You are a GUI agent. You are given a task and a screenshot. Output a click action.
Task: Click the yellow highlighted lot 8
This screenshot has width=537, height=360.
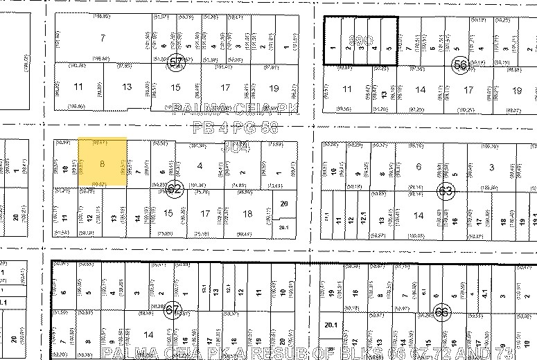click(102, 163)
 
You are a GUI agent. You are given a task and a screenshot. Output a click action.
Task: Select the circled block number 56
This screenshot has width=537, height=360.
click(459, 64)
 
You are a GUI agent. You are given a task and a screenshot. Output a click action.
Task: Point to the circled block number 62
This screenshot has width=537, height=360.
click(175, 188)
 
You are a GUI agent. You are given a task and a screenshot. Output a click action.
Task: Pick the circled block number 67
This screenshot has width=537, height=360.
click(170, 312)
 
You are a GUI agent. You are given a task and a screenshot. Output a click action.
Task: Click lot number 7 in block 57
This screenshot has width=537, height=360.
click(103, 37)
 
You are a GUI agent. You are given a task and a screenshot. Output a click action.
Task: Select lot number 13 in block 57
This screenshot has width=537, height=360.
click(127, 87)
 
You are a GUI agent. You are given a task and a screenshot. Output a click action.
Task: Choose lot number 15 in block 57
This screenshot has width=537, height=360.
click(176, 87)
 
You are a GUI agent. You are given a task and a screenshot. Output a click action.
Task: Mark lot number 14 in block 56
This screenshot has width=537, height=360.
click(420, 90)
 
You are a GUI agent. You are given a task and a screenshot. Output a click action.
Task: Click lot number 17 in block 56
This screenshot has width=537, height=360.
click(469, 90)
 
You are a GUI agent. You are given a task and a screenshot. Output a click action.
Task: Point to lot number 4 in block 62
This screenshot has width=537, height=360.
click(200, 165)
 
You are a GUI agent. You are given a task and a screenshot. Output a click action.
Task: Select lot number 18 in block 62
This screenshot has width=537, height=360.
click(248, 214)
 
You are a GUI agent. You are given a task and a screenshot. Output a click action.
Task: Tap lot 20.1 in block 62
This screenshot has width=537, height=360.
click(284, 228)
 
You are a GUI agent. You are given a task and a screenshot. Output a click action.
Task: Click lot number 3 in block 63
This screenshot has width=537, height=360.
click(491, 167)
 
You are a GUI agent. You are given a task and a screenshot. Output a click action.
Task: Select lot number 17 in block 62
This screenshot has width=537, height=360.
click(206, 214)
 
